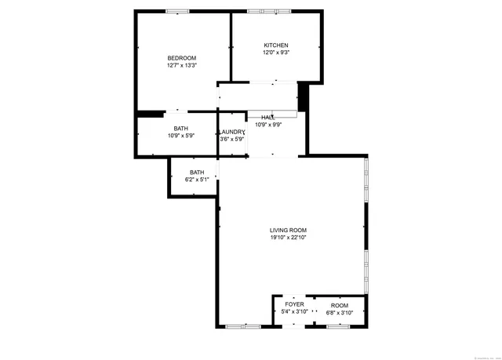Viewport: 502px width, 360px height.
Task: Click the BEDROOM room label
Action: point(181,58)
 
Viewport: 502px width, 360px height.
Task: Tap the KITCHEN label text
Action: point(275,45)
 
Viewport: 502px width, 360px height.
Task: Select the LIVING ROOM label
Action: point(288,230)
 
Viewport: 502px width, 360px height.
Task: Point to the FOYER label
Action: point(294,304)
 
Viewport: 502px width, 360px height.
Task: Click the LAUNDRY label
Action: point(231,132)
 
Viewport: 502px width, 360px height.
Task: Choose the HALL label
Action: point(268,117)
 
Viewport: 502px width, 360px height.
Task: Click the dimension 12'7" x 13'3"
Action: point(181,66)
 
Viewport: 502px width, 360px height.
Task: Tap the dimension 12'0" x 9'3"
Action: point(275,53)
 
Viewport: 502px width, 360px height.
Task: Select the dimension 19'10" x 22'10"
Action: point(288,237)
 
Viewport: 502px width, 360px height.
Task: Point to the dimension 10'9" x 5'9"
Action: point(180,136)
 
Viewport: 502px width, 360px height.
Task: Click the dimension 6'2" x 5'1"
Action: point(197,180)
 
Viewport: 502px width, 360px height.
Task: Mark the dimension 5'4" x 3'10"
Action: point(294,312)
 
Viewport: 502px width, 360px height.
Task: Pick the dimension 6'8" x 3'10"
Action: point(340,312)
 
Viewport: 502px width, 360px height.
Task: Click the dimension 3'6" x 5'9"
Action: point(231,140)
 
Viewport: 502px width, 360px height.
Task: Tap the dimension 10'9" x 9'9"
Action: point(268,124)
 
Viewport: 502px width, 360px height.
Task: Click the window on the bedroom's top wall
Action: point(177,11)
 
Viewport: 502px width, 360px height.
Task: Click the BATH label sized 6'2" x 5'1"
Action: point(197,173)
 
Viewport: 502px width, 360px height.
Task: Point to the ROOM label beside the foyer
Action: point(340,305)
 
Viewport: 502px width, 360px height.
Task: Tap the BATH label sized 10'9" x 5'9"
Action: point(180,129)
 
